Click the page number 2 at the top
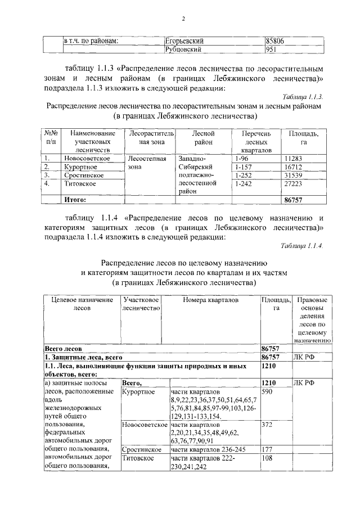(183, 19)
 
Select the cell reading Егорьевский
(184, 41)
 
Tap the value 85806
(276, 41)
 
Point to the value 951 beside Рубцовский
(271, 49)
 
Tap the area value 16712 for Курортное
(294, 167)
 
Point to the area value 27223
(294, 184)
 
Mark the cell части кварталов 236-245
(201, 450)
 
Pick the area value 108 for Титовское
(268, 458)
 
